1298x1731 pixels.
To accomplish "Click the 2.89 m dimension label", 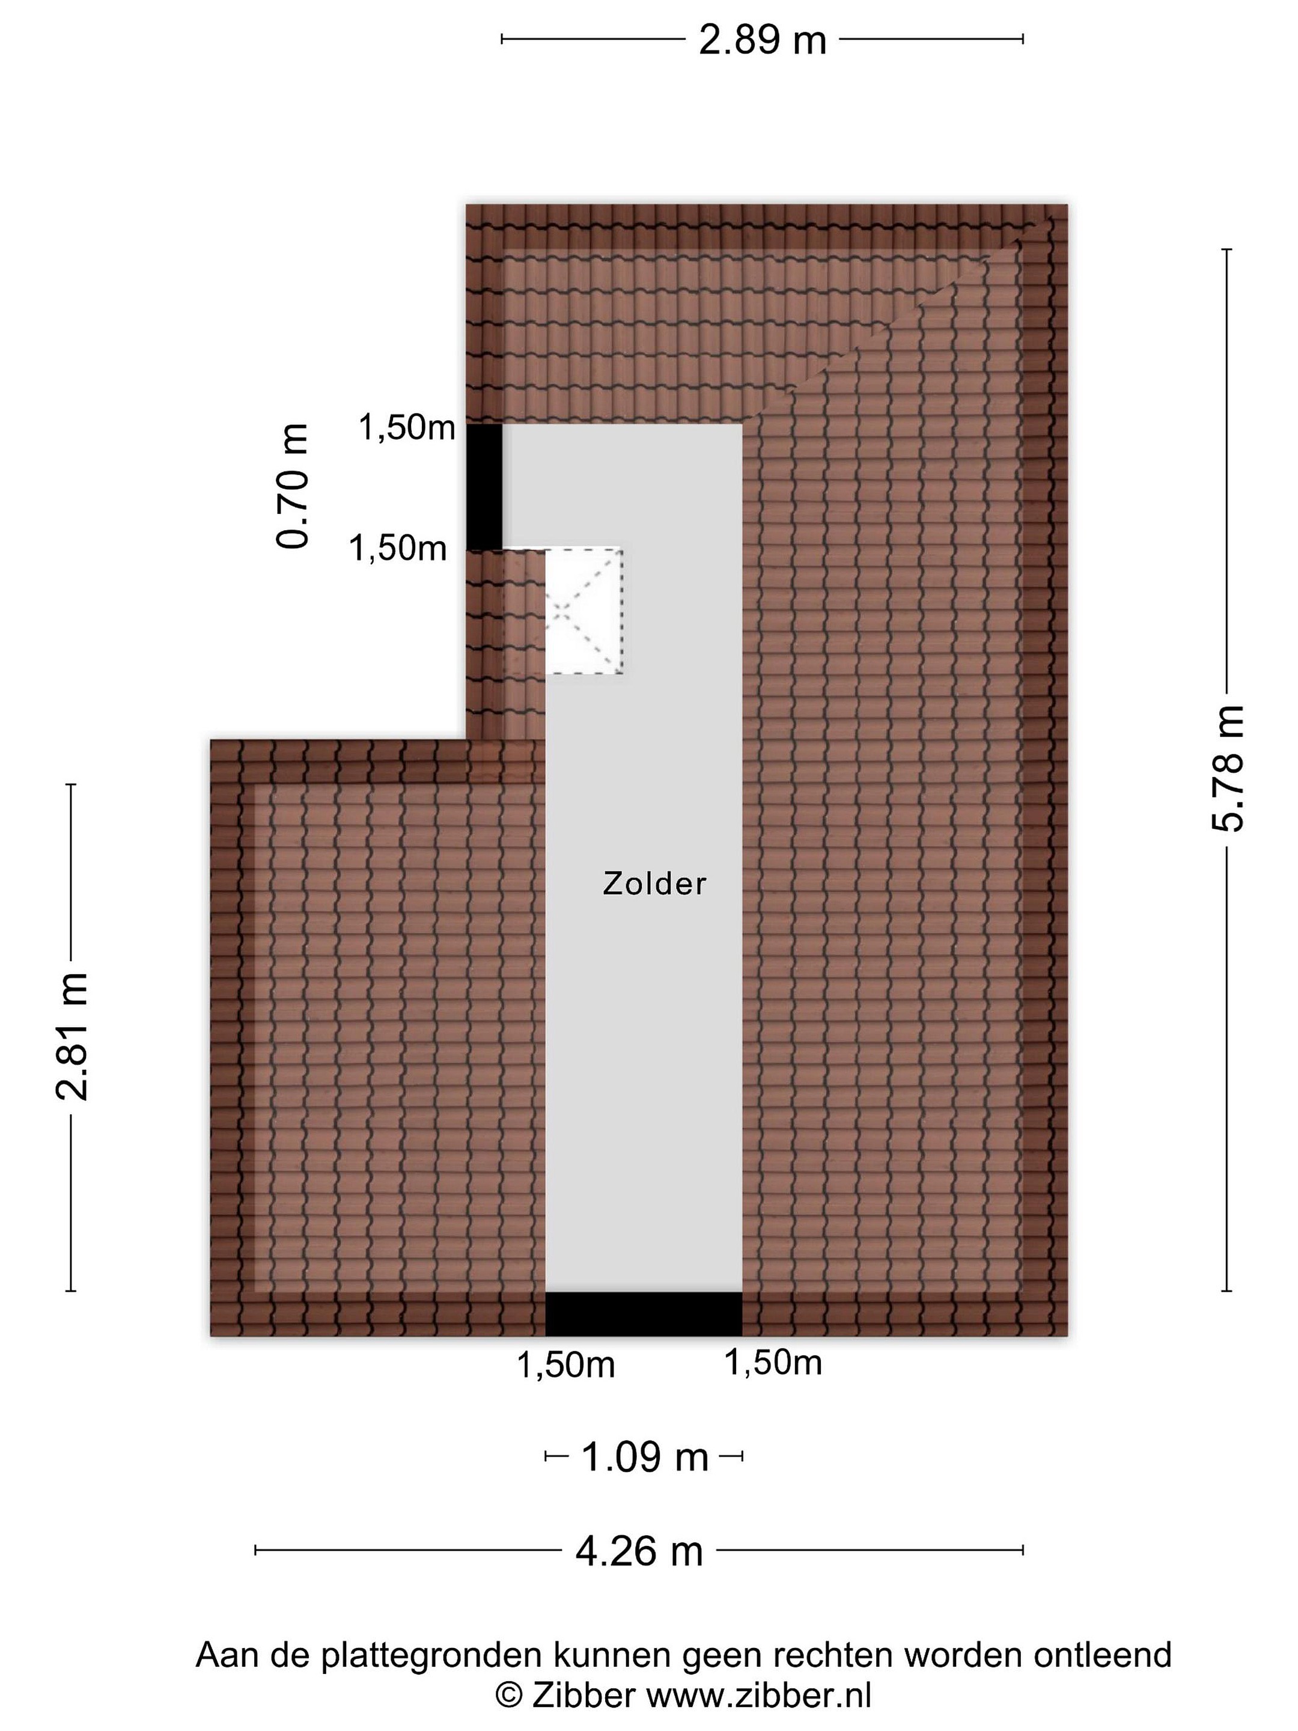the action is click(761, 40).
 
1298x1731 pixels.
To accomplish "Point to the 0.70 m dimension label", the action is click(293, 486).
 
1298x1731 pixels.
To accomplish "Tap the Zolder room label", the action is click(654, 884).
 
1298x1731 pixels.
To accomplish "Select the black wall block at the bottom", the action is click(643, 1314).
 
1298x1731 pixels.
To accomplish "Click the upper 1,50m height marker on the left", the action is click(407, 427).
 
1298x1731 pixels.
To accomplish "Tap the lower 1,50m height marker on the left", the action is click(397, 548).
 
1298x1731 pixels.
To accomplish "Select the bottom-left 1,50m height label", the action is click(565, 1366).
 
